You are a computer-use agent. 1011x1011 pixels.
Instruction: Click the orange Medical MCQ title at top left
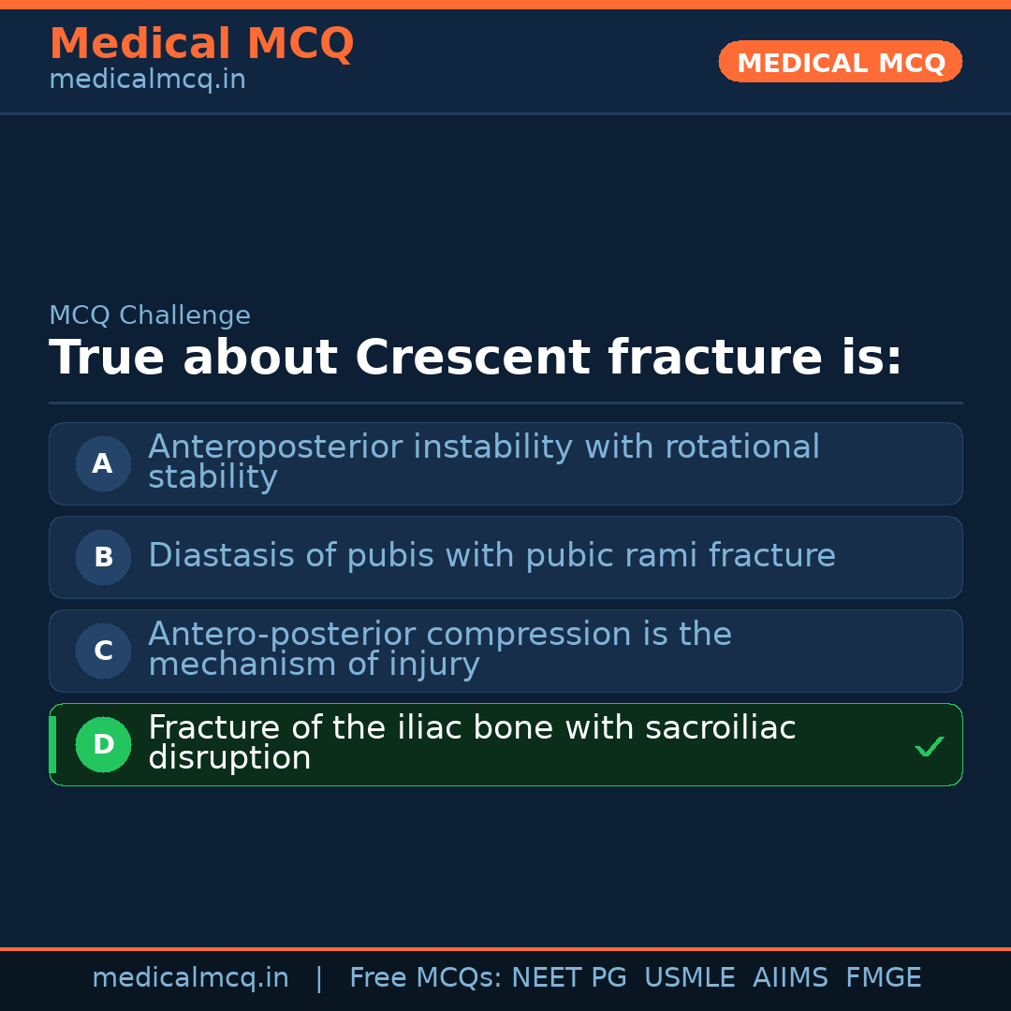coord(201,44)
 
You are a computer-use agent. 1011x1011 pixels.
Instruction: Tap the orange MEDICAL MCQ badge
coord(841,63)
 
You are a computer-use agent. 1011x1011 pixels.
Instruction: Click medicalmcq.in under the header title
coord(147,80)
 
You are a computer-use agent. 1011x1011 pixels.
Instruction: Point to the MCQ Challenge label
coord(150,315)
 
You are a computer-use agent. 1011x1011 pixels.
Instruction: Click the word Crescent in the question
coord(472,358)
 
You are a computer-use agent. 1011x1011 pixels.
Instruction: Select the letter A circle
coord(103,463)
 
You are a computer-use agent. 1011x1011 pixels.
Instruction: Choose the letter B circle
coord(103,557)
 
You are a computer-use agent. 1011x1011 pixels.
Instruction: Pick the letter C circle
coord(103,651)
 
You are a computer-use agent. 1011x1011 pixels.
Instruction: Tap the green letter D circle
coord(103,744)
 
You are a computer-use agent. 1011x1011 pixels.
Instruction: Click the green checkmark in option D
coord(929,747)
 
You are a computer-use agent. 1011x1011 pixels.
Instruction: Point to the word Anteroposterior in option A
coord(275,447)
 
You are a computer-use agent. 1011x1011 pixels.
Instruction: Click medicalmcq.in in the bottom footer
coord(190,978)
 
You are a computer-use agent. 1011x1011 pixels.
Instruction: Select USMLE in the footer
coord(689,978)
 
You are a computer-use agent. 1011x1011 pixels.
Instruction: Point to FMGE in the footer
coord(883,978)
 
